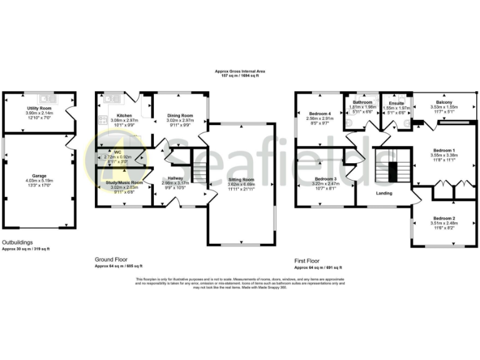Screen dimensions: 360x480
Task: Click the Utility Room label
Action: click(x=39, y=108)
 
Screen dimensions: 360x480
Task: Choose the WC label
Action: click(x=117, y=152)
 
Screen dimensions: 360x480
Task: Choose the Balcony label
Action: click(x=444, y=102)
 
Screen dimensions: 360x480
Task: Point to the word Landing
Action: click(x=384, y=192)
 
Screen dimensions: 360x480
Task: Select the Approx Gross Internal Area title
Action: click(x=240, y=72)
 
